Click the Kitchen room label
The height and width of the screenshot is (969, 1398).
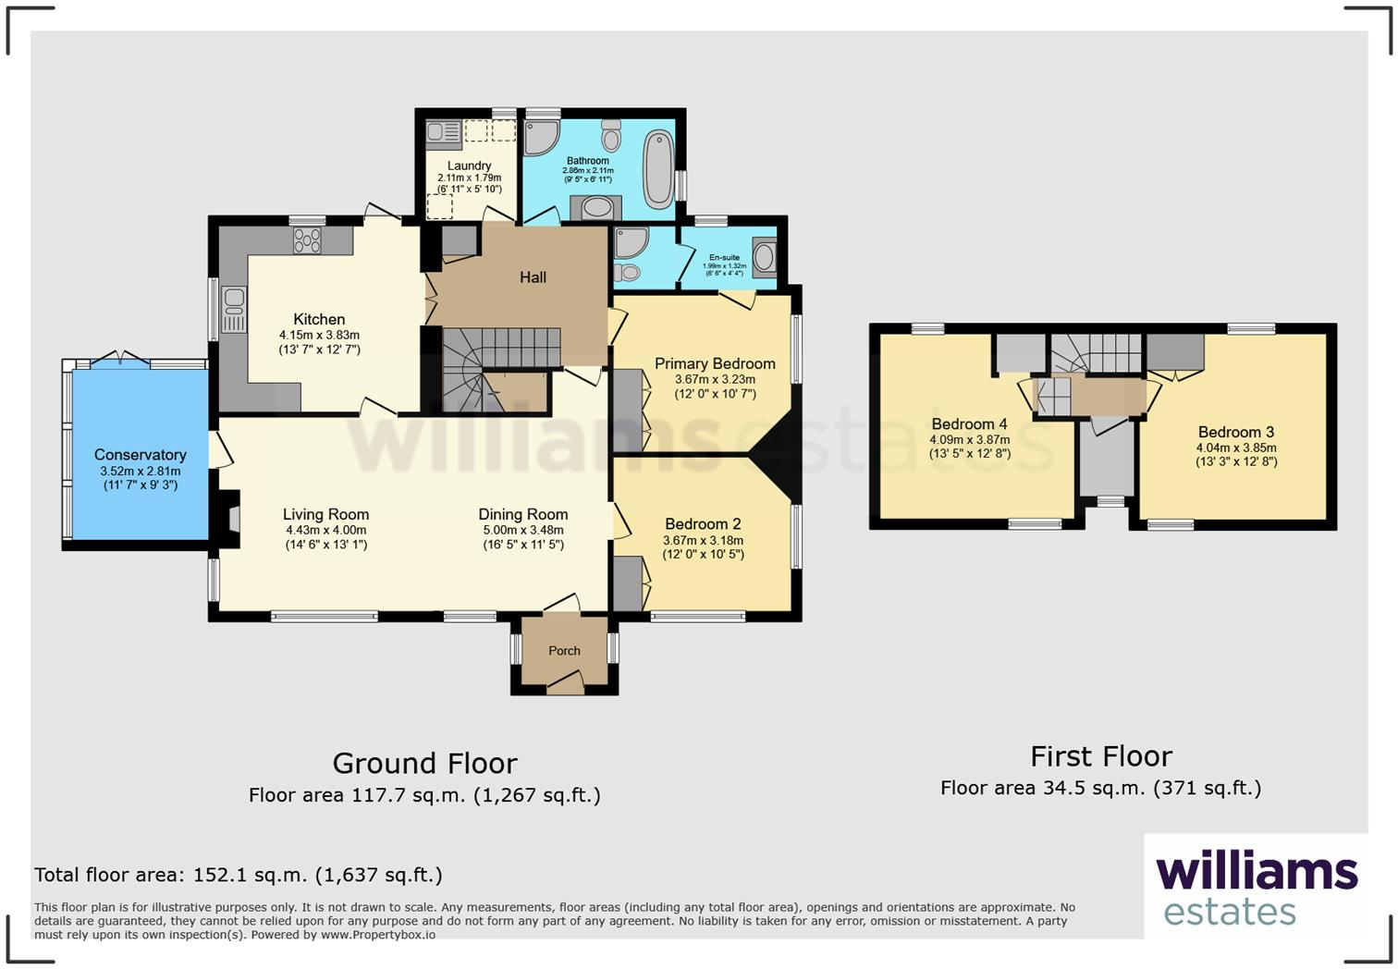(x=319, y=319)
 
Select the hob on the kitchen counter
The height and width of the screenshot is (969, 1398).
(x=307, y=240)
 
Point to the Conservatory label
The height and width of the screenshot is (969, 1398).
(x=140, y=455)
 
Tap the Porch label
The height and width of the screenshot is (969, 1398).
(x=564, y=651)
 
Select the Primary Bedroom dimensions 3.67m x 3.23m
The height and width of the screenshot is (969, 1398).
(x=715, y=379)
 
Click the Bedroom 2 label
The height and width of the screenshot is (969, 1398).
(x=703, y=524)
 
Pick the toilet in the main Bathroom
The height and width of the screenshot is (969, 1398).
(x=611, y=138)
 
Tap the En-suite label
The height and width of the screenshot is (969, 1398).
(x=724, y=258)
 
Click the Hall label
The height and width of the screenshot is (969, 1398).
(x=533, y=277)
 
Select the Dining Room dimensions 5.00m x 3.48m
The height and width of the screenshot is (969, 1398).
(x=522, y=531)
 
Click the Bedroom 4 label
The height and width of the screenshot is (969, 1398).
(x=969, y=424)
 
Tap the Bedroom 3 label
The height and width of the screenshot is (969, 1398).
(x=1235, y=432)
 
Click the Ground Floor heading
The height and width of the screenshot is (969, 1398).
(x=424, y=764)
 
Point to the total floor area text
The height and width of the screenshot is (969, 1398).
(x=239, y=875)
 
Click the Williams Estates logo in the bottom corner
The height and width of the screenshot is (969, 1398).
(x=1256, y=889)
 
